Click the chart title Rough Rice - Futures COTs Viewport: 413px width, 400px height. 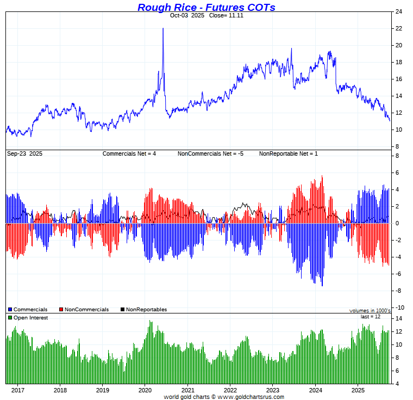pyautogui.click(x=206, y=7)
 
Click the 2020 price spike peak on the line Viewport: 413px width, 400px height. pyautogui.click(x=163, y=29)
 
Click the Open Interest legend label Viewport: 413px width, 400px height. pyautogui.click(x=30, y=318)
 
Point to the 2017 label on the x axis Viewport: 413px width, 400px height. pyautogui.click(x=18, y=390)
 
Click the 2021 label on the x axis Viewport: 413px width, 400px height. pyautogui.click(x=187, y=390)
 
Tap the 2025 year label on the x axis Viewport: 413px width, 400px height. pyautogui.click(x=358, y=390)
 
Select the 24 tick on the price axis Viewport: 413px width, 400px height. pyautogui.click(x=398, y=11)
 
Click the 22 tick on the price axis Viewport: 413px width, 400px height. pyautogui.click(x=398, y=28)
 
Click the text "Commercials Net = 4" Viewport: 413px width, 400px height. pyautogui.click(x=129, y=154)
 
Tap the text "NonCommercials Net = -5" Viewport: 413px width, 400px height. pyautogui.click(x=210, y=154)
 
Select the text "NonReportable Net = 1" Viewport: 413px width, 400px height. pyautogui.click(x=289, y=154)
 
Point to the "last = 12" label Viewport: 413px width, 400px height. pyautogui.click(x=370, y=317)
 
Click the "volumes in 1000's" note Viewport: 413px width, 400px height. pyautogui.click(x=370, y=310)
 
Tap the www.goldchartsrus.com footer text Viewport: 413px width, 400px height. pyautogui.click(x=251, y=397)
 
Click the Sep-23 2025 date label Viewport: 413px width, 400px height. pyautogui.click(x=25, y=154)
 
